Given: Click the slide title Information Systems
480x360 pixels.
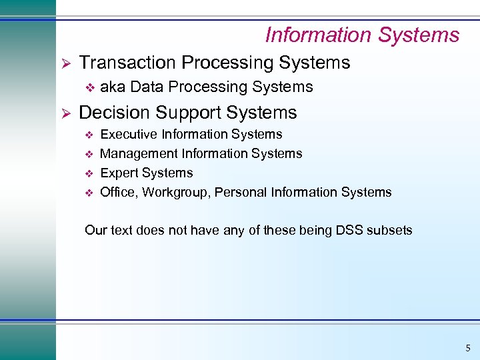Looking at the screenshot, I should click(x=362, y=35).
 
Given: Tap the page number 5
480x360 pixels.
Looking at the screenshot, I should click(x=467, y=347).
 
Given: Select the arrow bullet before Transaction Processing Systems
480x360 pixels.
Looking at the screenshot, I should click(x=65, y=63).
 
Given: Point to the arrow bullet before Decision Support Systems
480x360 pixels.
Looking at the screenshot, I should click(x=65, y=113).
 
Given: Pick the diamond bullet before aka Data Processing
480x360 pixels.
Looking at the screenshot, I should click(x=91, y=87).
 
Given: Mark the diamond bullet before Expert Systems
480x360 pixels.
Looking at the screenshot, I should click(x=91, y=173).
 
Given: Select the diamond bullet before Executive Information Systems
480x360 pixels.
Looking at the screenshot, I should click(x=91, y=135).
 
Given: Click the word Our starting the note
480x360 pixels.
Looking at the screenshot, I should click(x=95, y=231).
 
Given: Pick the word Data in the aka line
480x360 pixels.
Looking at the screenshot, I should click(x=145, y=87).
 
